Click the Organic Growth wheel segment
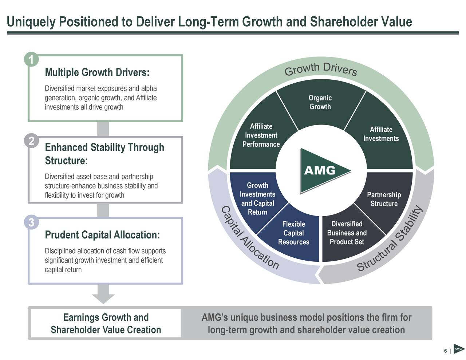(x=320, y=102)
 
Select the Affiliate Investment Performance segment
(x=261, y=135)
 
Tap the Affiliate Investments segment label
(x=381, y=134)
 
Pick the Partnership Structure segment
(x=384, y=199)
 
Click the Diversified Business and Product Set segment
(x=347, y=233)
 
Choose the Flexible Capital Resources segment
(x=293, y=233)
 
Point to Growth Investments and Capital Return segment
(x=257, y=199)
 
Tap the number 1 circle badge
(x=31, y=60)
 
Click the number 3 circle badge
(x=31, y=222)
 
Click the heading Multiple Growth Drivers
(x=97, y=72)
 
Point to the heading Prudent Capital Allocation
(x=102, y=235)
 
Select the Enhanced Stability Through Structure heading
(x=104, y=154)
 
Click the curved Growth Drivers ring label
(x=320, y=69)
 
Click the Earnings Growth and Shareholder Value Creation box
(x=106, y=323)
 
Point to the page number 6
(x=445, y=351)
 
